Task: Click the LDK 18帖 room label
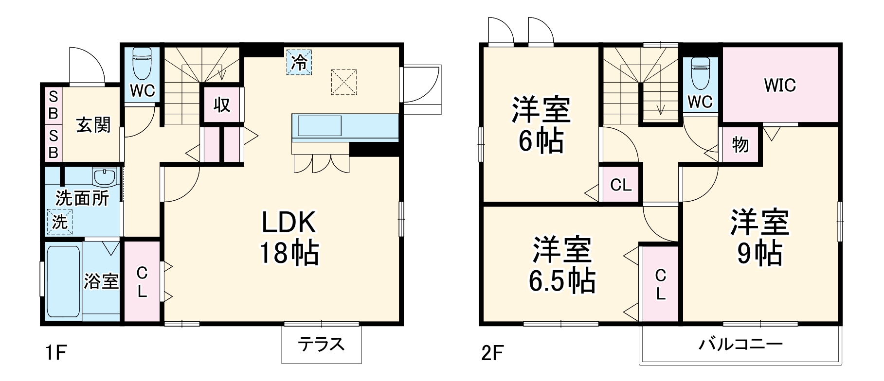coord(289,237)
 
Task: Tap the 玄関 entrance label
coord(93,125)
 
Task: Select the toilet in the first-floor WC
coord(142,63)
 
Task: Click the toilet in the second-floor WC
coord(701,73)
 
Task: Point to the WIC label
coord(779,86)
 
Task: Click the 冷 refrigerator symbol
coord(299,62)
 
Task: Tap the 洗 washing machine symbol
coord(60,222)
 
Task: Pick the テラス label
coord(321,345)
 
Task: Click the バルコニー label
coord(740,345)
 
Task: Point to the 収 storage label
coord(222,104)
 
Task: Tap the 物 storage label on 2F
coord(740,144)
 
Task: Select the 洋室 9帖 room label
coord(759,238)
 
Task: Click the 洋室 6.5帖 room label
coord(562,265)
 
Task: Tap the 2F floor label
coord(492,353)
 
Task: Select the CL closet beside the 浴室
coord(142,281)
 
